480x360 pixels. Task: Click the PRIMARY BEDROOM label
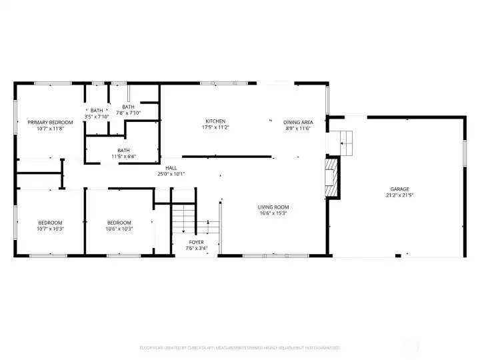[50, 123]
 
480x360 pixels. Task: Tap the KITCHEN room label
[215, 121]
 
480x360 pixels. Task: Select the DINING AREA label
[298, 122]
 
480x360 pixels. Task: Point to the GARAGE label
[400, 189]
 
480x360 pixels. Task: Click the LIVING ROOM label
[273, 207]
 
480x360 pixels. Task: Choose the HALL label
[171, 168]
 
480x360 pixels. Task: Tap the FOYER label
[196, 242]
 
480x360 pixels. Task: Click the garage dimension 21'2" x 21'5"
[400, 196]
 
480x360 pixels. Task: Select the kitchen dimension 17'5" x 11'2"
[215, 127]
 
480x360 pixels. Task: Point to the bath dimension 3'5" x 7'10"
[97, 117]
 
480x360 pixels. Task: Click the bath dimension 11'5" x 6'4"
[123, 157]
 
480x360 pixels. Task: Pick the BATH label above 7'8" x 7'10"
[128, 107]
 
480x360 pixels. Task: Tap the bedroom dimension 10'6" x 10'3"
[119, 229]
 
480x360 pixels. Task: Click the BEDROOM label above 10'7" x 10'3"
[50, 223]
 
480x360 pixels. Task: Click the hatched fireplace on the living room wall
[331, 178]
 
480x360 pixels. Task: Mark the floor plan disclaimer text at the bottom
[239, 347]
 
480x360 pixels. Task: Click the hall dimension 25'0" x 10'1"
[171, 174]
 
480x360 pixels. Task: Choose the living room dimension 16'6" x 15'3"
[273, 214]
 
